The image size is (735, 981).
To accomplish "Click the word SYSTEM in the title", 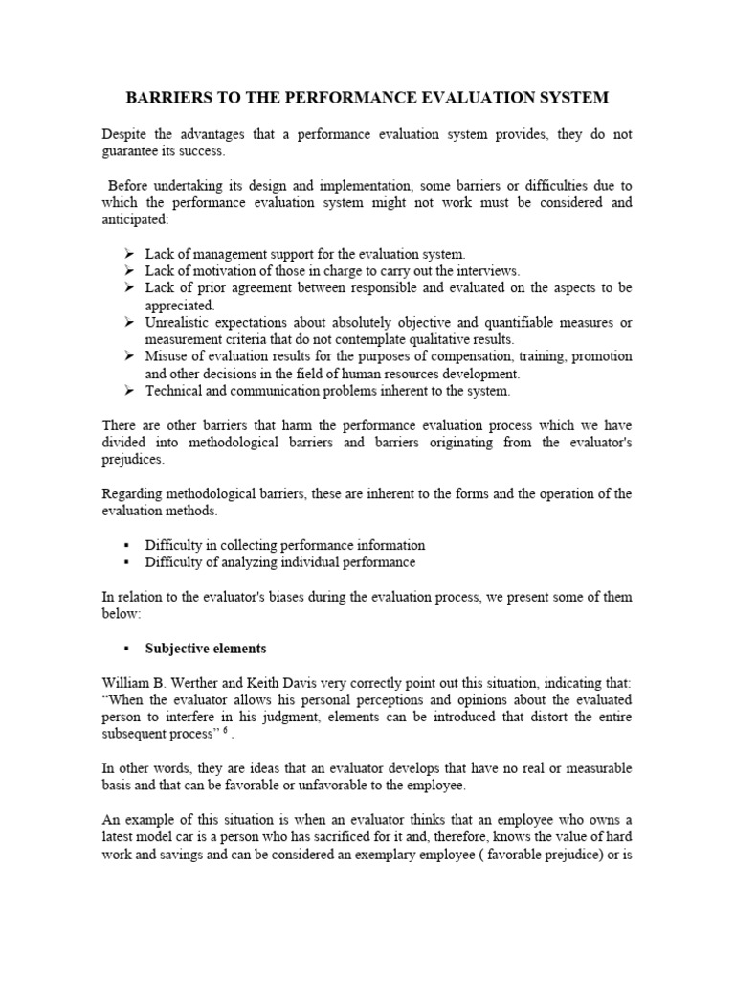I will pos(572,98).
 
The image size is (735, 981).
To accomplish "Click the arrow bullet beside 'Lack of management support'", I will pos(129,254).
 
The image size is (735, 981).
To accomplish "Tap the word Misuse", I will pos(166,356).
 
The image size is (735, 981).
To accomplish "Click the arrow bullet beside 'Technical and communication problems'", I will pos(129,391).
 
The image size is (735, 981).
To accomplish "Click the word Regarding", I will pos(132,493).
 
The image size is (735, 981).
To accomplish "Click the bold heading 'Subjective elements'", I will pos(205,649).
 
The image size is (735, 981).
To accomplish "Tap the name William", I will pos(126,683).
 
